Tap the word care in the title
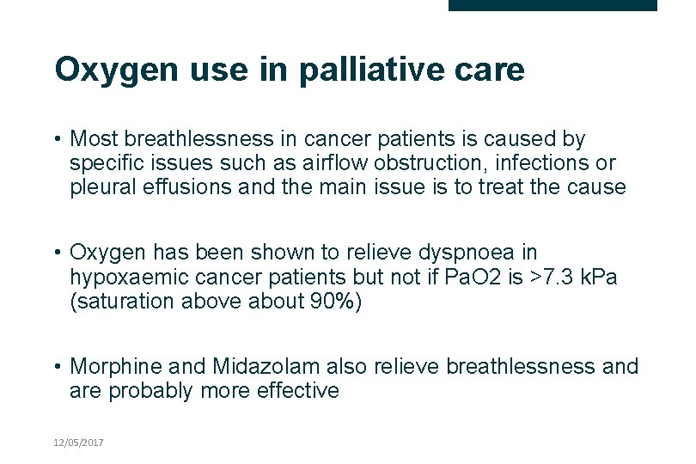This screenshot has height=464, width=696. [492, 70]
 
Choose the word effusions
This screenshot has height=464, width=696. [186, 186]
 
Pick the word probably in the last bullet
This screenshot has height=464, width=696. [153, 391]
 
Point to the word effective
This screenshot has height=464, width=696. [294, 391]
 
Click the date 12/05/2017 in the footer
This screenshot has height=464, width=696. [78, 442]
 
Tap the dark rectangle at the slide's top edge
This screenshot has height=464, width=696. [553, 5]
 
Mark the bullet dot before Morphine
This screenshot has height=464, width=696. [57, 367]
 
